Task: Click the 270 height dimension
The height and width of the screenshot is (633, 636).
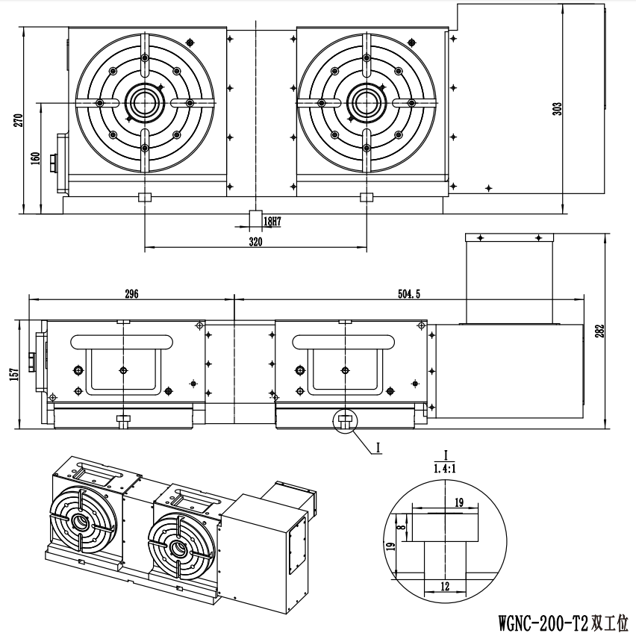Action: click(19, 120)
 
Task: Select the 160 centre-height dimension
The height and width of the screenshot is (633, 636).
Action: click(36, 158)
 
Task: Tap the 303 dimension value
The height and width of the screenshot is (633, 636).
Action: click(558, 109)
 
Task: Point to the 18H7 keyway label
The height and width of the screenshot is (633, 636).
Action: click(272, 222)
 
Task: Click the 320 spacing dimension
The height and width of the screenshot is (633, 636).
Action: click(255, 242)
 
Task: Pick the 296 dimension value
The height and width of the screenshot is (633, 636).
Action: click(131, 293)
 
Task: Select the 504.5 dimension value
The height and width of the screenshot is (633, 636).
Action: click(409, 294)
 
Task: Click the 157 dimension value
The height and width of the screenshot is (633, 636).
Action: click(14, 374)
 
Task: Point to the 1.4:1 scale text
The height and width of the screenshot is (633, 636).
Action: click(445, 469)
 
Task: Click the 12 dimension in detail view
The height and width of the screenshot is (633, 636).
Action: click(445, 586)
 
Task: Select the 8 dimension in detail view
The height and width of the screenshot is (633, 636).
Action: click(402, 528)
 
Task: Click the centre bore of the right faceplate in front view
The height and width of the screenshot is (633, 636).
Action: click(367, 103)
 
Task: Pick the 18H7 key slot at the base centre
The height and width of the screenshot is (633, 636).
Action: click(255, 219)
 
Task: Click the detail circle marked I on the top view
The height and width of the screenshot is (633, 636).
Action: click(345, 422)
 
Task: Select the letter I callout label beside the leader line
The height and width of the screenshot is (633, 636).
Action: click(378, 448)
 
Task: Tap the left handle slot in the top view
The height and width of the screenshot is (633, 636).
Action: click(122, 342)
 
